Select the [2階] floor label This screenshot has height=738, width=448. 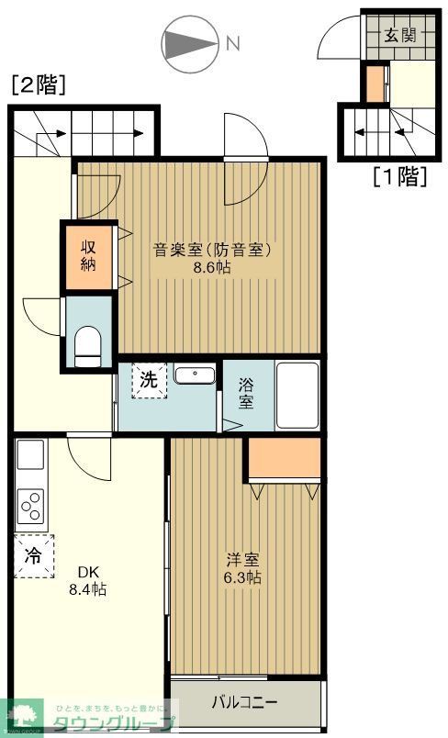38,86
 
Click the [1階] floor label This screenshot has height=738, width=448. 399,175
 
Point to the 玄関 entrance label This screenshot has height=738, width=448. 399,37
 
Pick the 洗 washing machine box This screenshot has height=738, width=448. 149,380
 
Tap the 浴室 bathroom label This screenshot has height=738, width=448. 246,393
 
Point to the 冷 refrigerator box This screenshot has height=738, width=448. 32,555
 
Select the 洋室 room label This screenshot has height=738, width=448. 242,559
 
